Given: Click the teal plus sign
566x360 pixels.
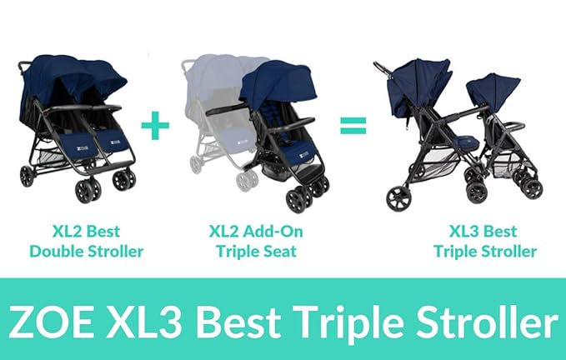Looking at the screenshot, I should tap(155, 127).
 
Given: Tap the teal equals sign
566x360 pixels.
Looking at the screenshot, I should tap(353, 127).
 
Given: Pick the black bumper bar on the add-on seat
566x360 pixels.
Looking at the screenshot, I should tap(229, 110).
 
